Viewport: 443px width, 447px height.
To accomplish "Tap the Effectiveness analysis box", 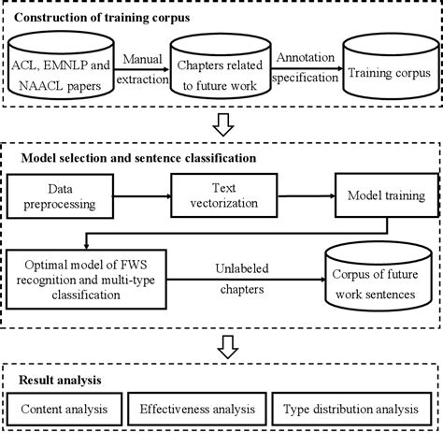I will coord(197,409).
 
